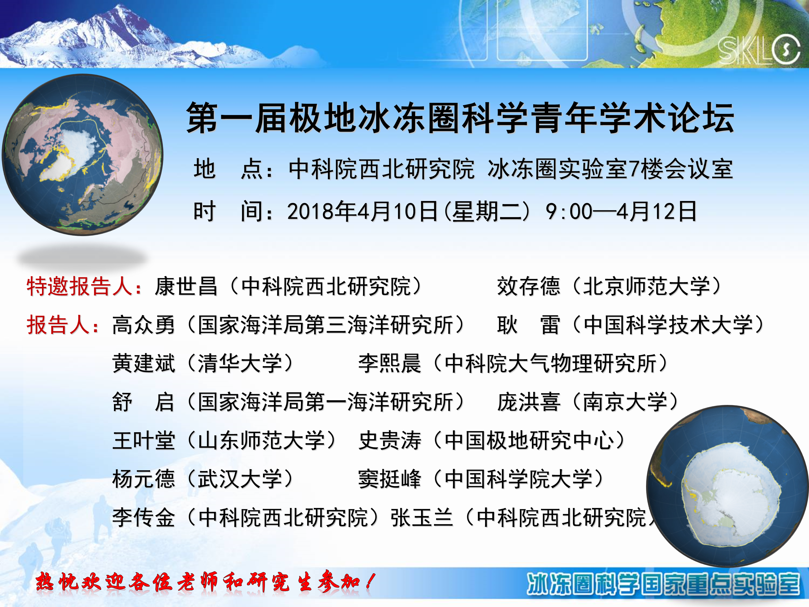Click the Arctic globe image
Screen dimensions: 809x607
tap(83, 154)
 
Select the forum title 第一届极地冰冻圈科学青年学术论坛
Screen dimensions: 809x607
tap(460, 117)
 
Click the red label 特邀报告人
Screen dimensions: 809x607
tap(79, 286)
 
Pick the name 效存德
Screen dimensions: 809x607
tap(528, 286)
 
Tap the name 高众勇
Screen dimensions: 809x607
tap(144, 325)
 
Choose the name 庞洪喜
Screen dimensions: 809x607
tap(528, 402)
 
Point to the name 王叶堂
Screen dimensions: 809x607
tap(144, 441)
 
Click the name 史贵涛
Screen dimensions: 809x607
tap(390, 441)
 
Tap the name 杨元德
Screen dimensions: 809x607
tap(144, 479)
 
